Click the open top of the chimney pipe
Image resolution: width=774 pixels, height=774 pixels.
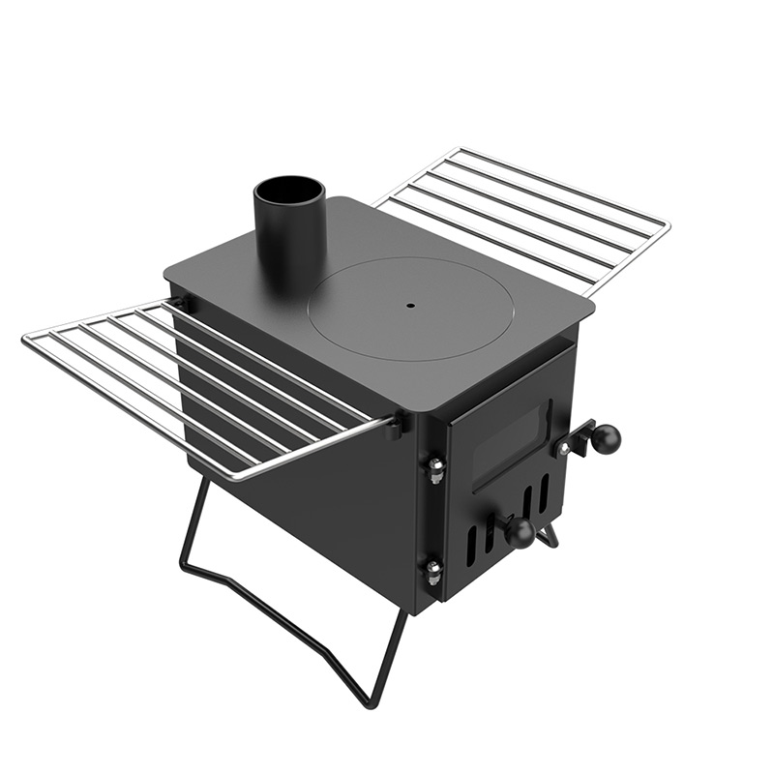(x=289, y=188)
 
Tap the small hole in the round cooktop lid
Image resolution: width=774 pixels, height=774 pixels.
(x=409, y=306)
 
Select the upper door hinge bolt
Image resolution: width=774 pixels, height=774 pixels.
(x=435, y=467)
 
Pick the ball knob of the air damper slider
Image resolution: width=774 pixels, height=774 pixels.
(x=520, y=531)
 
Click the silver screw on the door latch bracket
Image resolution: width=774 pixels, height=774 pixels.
(x=562, y=448)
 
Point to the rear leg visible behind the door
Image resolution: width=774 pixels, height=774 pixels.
(x=549, y=535)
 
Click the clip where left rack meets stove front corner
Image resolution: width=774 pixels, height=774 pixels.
(x=395, y=422)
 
